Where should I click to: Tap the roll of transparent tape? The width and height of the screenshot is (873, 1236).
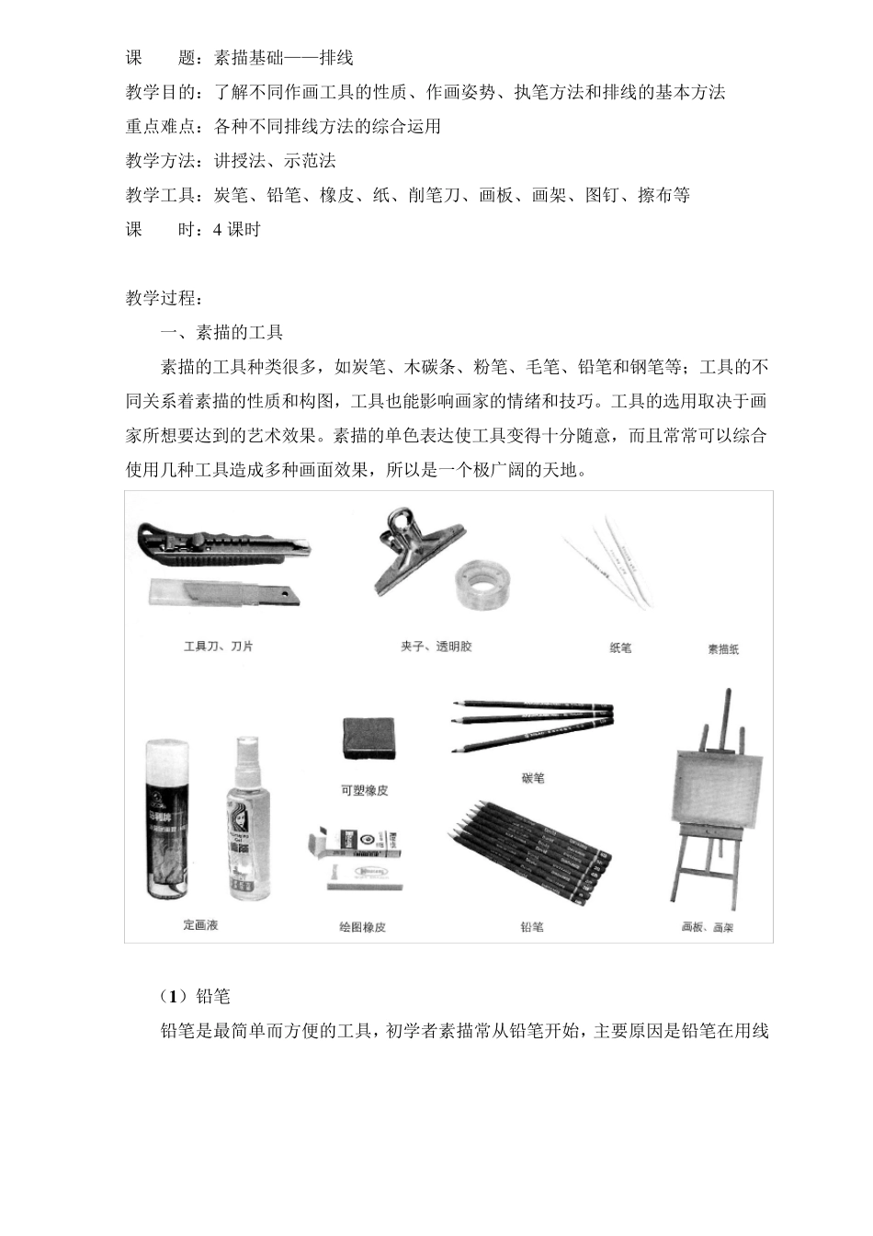pyautogui.click(x=482, y=583)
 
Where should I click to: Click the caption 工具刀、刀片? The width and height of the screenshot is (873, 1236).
pyautogui.click(x=218, y=647)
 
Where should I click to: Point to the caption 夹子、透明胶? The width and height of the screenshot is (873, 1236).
pyautogui.click(x=436, y=647)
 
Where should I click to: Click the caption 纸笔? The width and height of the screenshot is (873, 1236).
pyautogui.click(x=620, y=648)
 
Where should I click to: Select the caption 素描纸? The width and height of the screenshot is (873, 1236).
pyautogui.click(x=723, y=649)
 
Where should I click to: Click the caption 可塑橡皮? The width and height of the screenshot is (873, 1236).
pyautogui.click(x=364, y=790)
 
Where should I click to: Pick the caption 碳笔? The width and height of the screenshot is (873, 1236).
pyautogui.click(x=532, y=778)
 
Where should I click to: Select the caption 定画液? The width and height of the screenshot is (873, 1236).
pyautogui.click(x=200, y=924)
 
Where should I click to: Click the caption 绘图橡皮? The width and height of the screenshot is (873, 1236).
pyautogui.click(x=362, y=927)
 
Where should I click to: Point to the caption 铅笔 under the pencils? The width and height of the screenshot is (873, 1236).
pyautogui.click(x=531, y=927)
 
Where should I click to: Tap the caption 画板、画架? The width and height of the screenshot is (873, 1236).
pyautogui.click(x=708, y=928)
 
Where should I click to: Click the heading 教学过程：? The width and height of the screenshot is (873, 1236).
pyautogui.click(x=164, y=298)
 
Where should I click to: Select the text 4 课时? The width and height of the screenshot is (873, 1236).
pyautogui.click(x=237, y=230)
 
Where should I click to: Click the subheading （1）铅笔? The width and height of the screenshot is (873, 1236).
pyautogui.click(x=195, y=997)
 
